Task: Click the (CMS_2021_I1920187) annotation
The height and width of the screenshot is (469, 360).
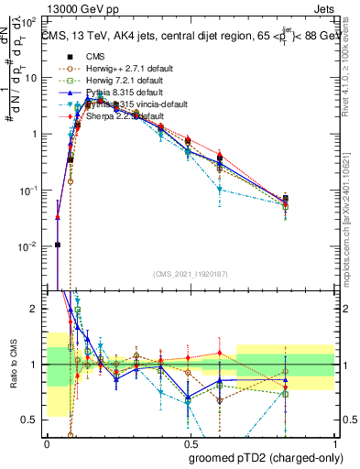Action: [190, 274]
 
